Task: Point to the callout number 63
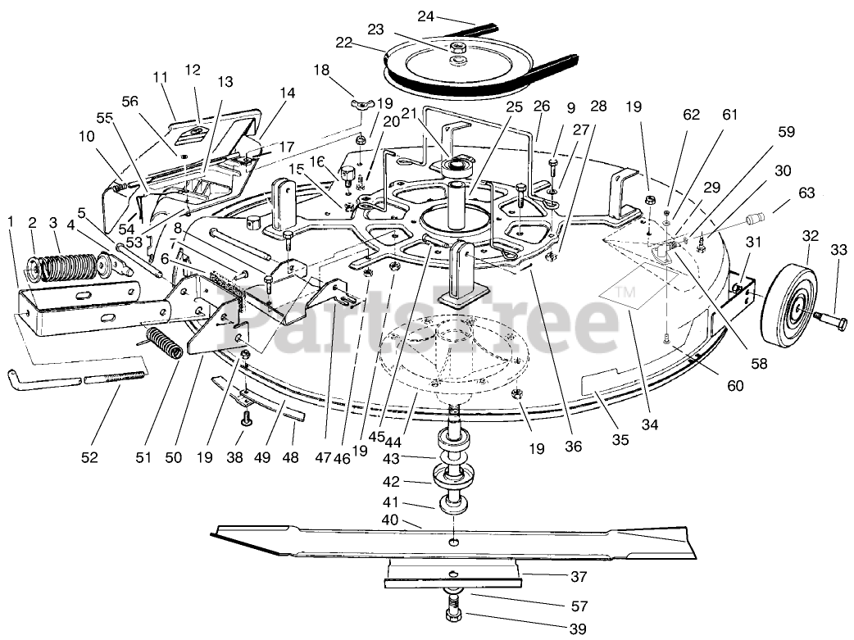(807, 193)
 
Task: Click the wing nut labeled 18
(358, 104)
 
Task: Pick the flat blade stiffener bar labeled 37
(453, 573)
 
